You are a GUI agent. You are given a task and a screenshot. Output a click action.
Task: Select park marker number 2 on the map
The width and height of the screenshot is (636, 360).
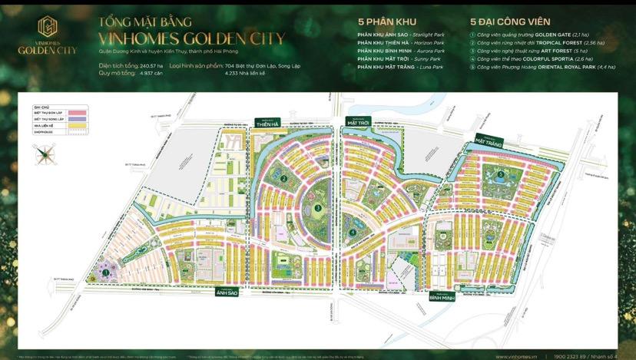[283, 180]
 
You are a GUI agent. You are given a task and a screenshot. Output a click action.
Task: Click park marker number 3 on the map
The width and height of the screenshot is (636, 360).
[317, 208]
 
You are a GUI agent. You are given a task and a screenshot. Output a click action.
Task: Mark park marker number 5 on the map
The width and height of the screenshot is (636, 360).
[501, 174]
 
